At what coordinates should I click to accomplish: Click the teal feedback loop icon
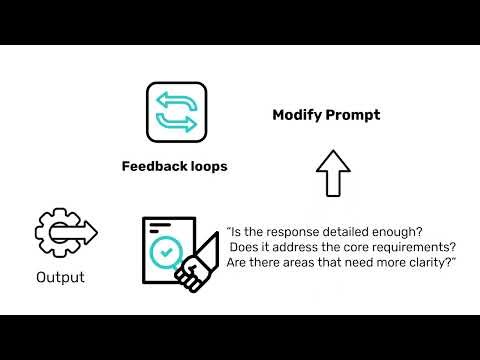(177, 110)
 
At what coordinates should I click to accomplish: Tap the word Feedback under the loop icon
(152, 167)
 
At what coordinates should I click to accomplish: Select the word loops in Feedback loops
(208, 167)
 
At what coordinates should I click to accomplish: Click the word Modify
(297, 115)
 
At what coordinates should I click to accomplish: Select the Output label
(61, 277)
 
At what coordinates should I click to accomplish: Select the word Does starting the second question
(246, 247)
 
